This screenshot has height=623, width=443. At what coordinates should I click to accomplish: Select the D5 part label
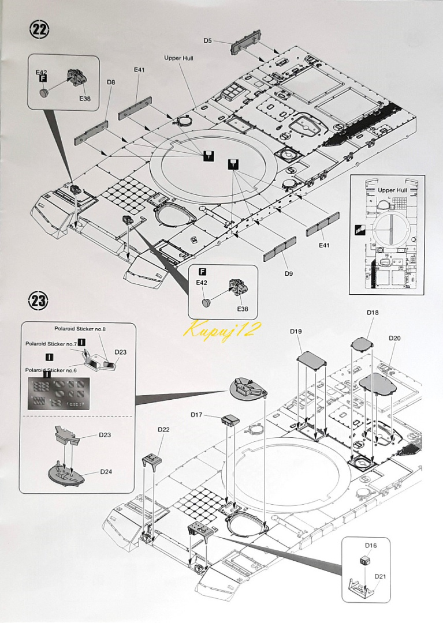pyautogui.click(x=208, y=40)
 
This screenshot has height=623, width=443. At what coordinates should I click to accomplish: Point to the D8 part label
pyautogui.click(x=111, y=82)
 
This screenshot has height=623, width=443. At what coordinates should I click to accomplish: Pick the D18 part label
pyautogui.click(x=373, y=312)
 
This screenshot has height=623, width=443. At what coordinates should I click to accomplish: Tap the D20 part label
pyautogui.click(x=394, y=338)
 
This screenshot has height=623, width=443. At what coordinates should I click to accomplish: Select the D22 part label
pyautogui.click(x=163, y=429)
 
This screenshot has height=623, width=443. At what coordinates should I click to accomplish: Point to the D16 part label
pyautogui.click(x=370, y=545)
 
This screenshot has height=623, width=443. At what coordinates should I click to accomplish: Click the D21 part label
pyautogui.click(x=380, y=576)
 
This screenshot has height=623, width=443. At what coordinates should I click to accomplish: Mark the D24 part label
pyautogui.click(x=106, y=471)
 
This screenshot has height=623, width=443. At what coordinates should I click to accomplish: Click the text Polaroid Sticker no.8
pyautogui.click(x=81, y=329)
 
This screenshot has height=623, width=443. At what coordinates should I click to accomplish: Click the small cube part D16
pyautogui.click(x=364, y=560)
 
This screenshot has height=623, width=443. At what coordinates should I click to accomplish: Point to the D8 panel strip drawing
pyautogui.click(x=91, y=133)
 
